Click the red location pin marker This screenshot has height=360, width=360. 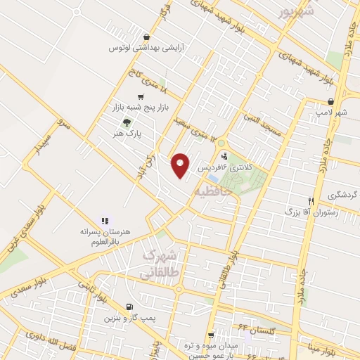pyautogui.click(x=181, y=165)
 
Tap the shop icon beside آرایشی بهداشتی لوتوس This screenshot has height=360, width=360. pyautogui.click(x=146, y=37)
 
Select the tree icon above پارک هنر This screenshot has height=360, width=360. pyautogui.click(x=127, y=121)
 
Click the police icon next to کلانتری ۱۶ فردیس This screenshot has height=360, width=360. pyautogui.click(x=224, y=157)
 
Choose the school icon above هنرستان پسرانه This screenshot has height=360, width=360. pyautogui.click(x=105, y=220)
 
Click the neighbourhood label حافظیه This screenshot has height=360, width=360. pyautogui.click(x=211, y=192)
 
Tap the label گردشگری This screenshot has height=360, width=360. pyautogui.click(x=344, y=194)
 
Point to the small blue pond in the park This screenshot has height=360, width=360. pyautogui.click(x=212, y=179)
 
